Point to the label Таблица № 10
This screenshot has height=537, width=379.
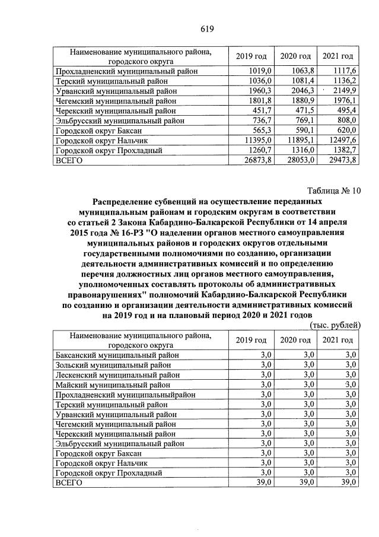334,190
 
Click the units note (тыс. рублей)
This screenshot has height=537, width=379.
335,325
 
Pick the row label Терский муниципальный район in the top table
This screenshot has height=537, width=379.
112,81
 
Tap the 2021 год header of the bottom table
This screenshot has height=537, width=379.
337,340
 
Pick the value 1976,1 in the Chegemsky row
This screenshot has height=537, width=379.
343,100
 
